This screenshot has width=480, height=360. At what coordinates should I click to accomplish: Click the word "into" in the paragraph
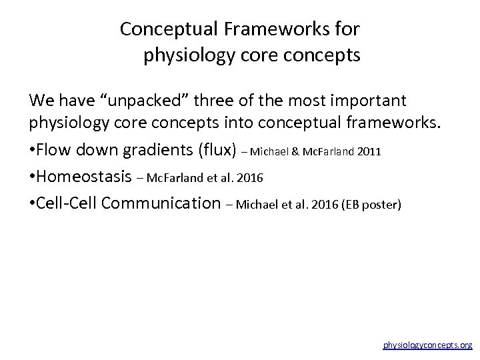(x=271, y=125)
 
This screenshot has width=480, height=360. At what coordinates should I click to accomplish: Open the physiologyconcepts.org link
(x=427, y=345)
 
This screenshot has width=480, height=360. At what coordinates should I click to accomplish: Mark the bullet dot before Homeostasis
(x=32, y=177)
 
